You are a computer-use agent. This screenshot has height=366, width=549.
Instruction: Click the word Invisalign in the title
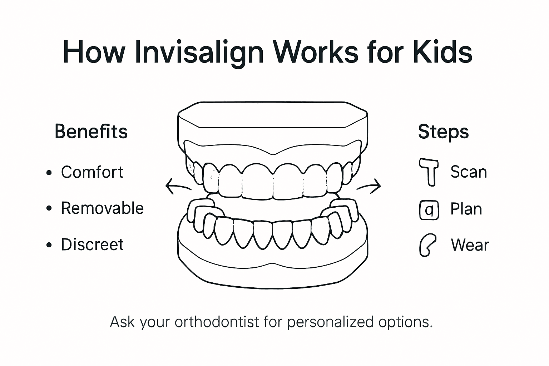pos(199,53)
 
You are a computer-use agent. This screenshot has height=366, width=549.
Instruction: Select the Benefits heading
pos(91,132)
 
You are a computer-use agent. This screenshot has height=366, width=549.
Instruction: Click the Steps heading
pos(443,132)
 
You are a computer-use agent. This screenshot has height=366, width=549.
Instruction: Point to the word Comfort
pos(92,172)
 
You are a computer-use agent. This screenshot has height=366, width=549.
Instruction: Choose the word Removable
pos(102,208)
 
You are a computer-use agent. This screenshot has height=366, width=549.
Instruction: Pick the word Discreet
pos(92,244)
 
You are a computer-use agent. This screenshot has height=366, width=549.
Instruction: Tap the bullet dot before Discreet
pos(49,245)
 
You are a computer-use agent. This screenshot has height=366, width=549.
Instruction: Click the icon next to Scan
pos(429,172)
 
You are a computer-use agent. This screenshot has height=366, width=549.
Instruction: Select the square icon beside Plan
pos(429,210)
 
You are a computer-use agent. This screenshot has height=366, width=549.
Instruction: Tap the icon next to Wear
pos(427,245)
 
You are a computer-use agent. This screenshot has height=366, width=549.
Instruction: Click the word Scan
pos(469,172)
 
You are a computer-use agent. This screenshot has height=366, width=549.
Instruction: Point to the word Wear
pos(470,245)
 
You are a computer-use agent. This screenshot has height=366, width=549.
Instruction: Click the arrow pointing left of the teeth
pos(178,186)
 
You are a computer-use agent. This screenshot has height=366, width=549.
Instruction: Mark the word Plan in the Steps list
pos(466,209)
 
